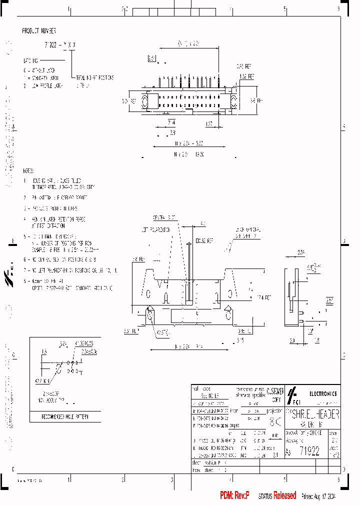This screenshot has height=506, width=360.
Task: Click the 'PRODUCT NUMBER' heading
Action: (x=39, y=31)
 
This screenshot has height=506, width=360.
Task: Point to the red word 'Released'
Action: (x=284, y=495)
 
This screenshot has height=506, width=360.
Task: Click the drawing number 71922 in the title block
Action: (x=309, y=450)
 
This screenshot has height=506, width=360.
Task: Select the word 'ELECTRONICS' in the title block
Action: (x=323, y=394)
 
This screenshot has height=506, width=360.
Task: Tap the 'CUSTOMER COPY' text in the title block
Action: (x=275, y=394)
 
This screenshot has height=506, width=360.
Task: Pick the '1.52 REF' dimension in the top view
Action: (x=246, y=76)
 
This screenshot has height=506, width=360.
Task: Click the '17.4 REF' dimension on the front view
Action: (x=263, y=297)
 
